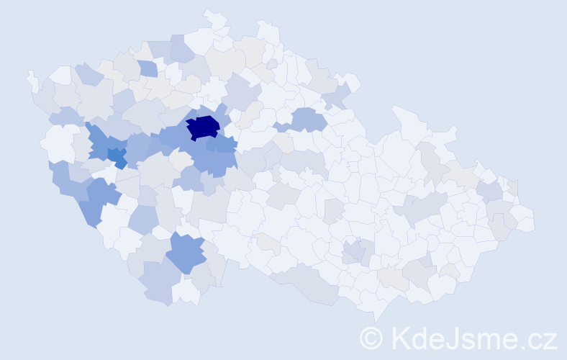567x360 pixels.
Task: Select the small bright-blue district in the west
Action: (117, 157)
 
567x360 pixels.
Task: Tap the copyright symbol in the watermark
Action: (371, 337)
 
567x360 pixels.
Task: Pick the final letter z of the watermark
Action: (550, 339)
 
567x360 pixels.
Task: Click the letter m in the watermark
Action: (488, 339)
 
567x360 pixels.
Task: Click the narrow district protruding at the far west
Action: (31, 78)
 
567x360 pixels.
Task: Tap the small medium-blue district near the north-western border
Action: (148, 68)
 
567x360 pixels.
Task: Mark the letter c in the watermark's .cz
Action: (533, 339)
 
